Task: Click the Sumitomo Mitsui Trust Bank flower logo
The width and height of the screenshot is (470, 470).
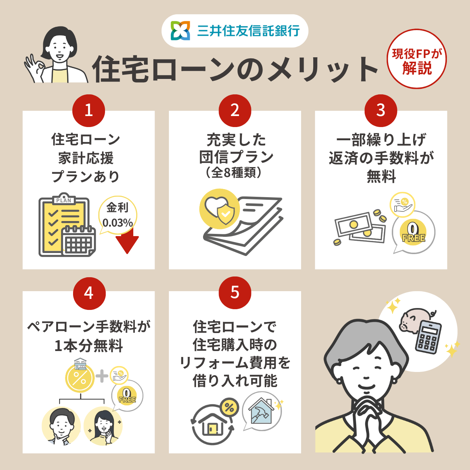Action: pos(180,30)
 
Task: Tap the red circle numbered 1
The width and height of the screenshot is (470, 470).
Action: pos(88,111)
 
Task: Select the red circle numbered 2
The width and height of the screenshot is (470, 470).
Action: pos(235,111)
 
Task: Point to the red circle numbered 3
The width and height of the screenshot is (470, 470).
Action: pos(381,111)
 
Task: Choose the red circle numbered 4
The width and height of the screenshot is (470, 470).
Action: pos(89,293)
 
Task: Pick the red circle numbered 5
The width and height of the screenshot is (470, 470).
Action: pos(235,292)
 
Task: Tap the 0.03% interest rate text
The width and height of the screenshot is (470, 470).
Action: pos(117,223)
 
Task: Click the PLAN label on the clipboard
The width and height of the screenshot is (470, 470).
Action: pos(64,200)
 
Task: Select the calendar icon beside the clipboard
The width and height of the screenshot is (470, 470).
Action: pos(79,241)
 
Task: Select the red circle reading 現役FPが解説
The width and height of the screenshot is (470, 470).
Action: pos(417,59)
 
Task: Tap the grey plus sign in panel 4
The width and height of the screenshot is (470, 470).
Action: pos(102,376)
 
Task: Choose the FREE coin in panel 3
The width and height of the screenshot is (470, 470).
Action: pos(413,232)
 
